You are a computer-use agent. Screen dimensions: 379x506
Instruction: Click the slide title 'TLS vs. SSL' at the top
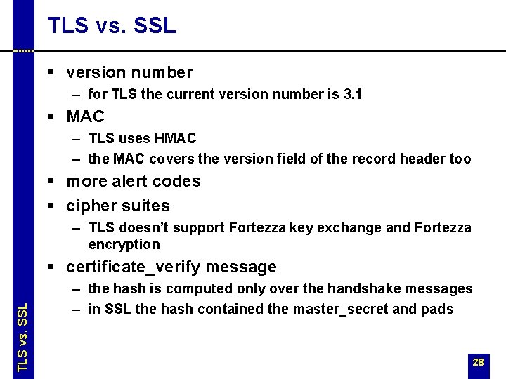click(x=112, y=25)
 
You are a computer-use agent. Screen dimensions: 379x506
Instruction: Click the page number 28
click(x=478, y=363)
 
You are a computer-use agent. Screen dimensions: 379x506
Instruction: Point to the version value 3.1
click(x=352, y=94)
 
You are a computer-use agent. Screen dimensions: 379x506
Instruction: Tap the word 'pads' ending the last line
click(x=439, y=309)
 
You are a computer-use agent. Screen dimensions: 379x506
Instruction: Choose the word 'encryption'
click(x=124, y=245)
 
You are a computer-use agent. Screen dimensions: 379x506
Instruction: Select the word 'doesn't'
click(x=146, y=227)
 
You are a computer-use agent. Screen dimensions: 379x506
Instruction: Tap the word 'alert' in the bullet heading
click(x=136, y=181)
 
